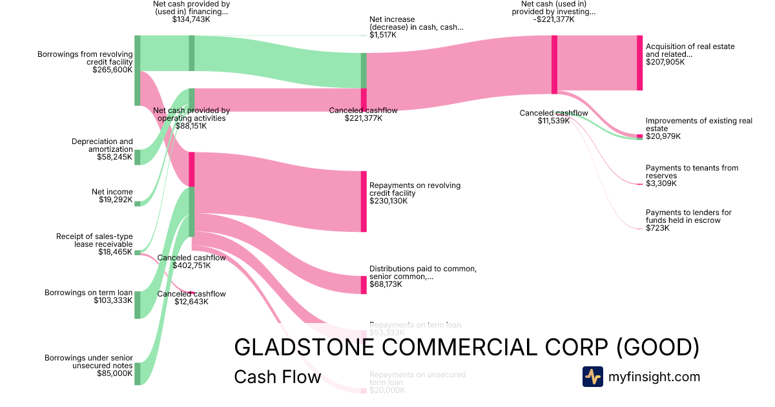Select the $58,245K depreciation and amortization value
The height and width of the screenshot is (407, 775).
tap(115, 157)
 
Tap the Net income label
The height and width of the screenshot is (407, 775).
tap(112, 192)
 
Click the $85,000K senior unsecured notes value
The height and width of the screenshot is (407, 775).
tap(114, 373)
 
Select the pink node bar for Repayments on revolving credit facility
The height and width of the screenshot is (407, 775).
tap(364, 202)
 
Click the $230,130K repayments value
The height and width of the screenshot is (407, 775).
tap(388, 201)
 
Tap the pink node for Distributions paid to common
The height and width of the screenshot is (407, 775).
tap(364, 285)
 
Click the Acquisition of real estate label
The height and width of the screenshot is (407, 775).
tap(690, 50)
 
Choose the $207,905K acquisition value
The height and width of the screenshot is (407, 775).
tap(665, 62)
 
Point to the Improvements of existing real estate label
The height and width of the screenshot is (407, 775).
tap(699, 125)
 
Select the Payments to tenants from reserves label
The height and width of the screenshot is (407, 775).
tap(692, 172)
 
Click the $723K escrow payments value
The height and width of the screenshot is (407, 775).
tap(657, 228)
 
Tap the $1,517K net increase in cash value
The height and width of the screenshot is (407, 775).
tap(383, 35)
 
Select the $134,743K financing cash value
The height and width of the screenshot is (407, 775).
tap(191, 19)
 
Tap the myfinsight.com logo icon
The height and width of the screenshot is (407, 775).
tap(592, 377)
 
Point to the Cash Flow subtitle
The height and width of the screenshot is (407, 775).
tap(277, 377)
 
